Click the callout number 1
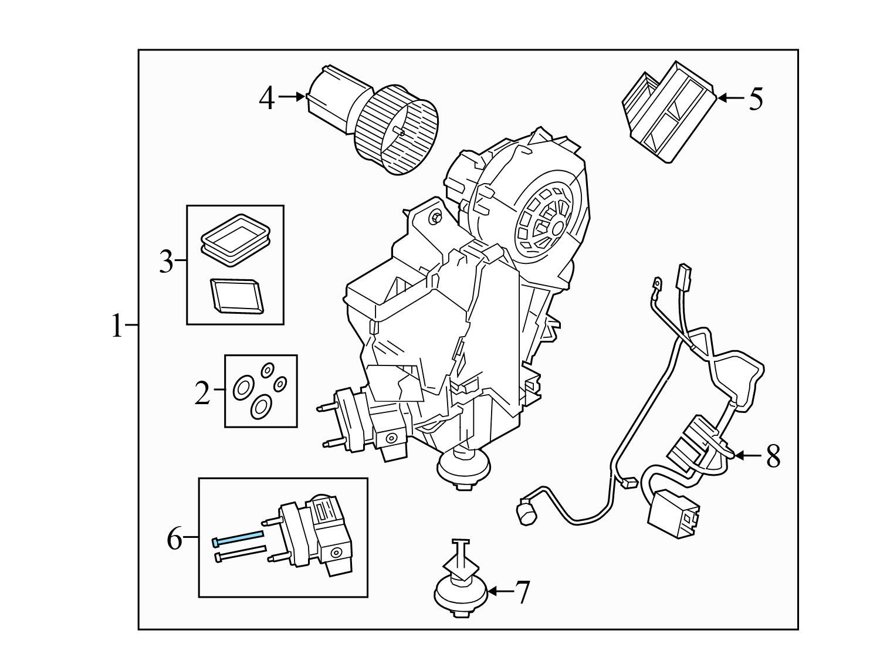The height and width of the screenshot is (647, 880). [x=117, y=326]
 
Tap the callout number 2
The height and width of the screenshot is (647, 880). [x=202, y=393]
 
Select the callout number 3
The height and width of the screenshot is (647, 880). [x=167, y=262]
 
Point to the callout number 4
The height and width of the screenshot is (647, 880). [x=267, y=98]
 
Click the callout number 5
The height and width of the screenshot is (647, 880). [x=756, y=99]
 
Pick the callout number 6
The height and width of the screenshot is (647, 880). [x=175, y=538]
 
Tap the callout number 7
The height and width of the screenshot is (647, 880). [x=522, y=592]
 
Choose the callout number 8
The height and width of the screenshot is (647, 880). [x=773, y=456]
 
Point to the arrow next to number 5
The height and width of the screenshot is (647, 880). [x=730, y=98]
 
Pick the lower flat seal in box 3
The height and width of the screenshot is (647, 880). [x=236, y=294]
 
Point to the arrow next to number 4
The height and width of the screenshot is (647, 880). [x=292, y=96]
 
